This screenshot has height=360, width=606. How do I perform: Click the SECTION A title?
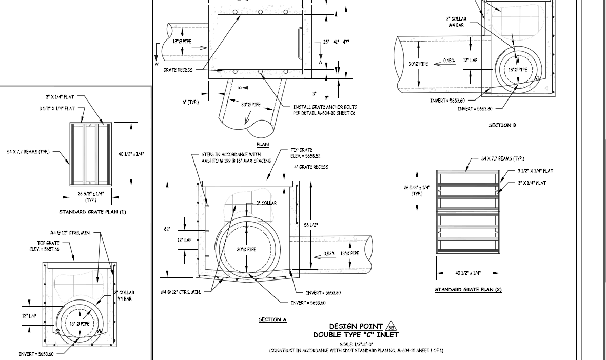click(x=272, y=319)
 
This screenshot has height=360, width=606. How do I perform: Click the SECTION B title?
click(x=502, y=125)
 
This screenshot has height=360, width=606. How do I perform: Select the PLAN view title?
click(x=263, y=145)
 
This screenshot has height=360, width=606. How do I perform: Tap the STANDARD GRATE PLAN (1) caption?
click(x=92, y=212)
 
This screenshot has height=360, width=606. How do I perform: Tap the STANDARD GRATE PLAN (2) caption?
click(x=468, y=290)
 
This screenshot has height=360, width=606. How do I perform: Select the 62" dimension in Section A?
click(x=166, y=229)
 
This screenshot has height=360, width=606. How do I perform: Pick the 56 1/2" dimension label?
click(x=311, y=225)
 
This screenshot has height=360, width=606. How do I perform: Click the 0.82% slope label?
click(x=329, y=253)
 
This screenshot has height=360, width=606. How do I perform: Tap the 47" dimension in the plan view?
click(x=346, y=42)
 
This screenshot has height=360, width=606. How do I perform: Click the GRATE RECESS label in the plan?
click(x=178, y=70)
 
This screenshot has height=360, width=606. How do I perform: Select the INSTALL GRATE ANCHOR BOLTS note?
click(x=325, y=110)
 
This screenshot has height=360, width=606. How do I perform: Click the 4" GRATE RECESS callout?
click(x=311, y=167)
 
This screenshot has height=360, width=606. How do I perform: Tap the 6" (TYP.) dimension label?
click(x=191, y=102)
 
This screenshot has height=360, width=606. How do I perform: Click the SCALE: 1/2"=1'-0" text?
click(x=356, y=344)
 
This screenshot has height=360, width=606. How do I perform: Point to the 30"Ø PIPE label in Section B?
click(x=418, y=64)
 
